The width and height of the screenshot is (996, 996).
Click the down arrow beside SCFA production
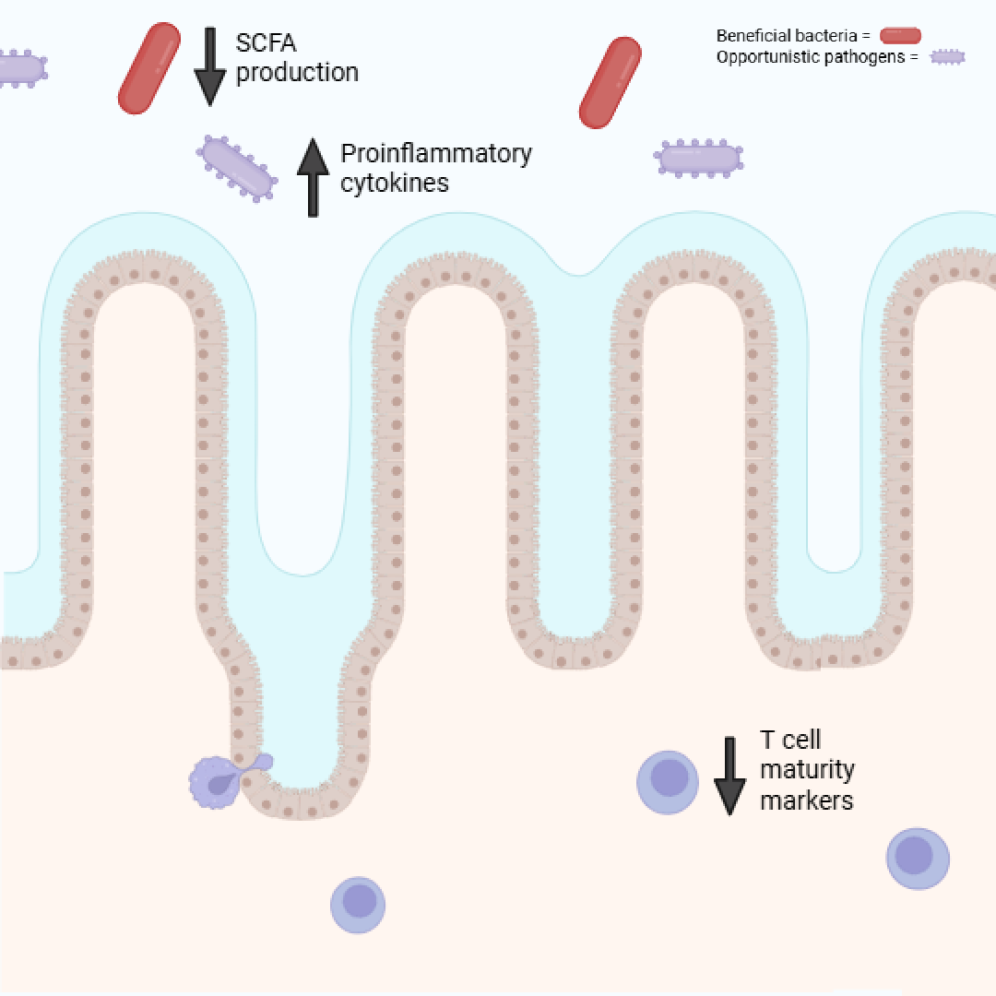[x=209, y=65]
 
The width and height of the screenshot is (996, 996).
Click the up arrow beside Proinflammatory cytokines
[x=313, y=177]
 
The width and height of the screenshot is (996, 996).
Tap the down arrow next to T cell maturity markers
[x=729, y=776]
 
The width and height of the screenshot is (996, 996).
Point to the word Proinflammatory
[x=436, y=153]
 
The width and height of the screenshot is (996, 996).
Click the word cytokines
[x=395, y=183]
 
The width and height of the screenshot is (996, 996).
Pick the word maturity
[x=807, y=769]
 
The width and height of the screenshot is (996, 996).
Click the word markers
[x=807, y=800]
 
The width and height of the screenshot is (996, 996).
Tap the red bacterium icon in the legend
[x=900, y=36]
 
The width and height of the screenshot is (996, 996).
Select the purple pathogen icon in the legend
[x=947, y=57]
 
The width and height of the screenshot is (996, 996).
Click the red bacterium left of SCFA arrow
[x=149, y=68]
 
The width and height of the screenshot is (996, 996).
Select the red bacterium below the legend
[x=610, y=82]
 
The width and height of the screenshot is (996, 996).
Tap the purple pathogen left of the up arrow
[x=237, y=168]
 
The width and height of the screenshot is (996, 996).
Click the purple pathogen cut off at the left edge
[x=20, y=69]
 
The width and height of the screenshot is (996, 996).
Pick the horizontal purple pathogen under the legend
[x=699, y=159]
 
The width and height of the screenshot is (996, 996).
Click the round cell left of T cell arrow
[x=668, y=782]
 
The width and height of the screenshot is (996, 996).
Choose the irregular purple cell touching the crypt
[x=218, y=782]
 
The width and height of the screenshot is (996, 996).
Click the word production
[x=297, y=72]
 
